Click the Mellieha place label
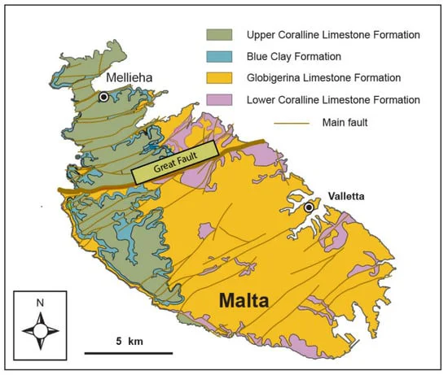(x=134, y=78)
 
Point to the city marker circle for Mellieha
(x=103, y=97)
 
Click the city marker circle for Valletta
(x=309, y=208)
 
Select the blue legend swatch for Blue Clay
(x=220, y=56)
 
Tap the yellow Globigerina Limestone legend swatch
(x=220, y=78)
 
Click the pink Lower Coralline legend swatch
(x=220, y=100)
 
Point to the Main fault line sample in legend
(x=220, y=122)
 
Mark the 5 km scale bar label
(x=125, y=339)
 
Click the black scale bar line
(x=125, y=353)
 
